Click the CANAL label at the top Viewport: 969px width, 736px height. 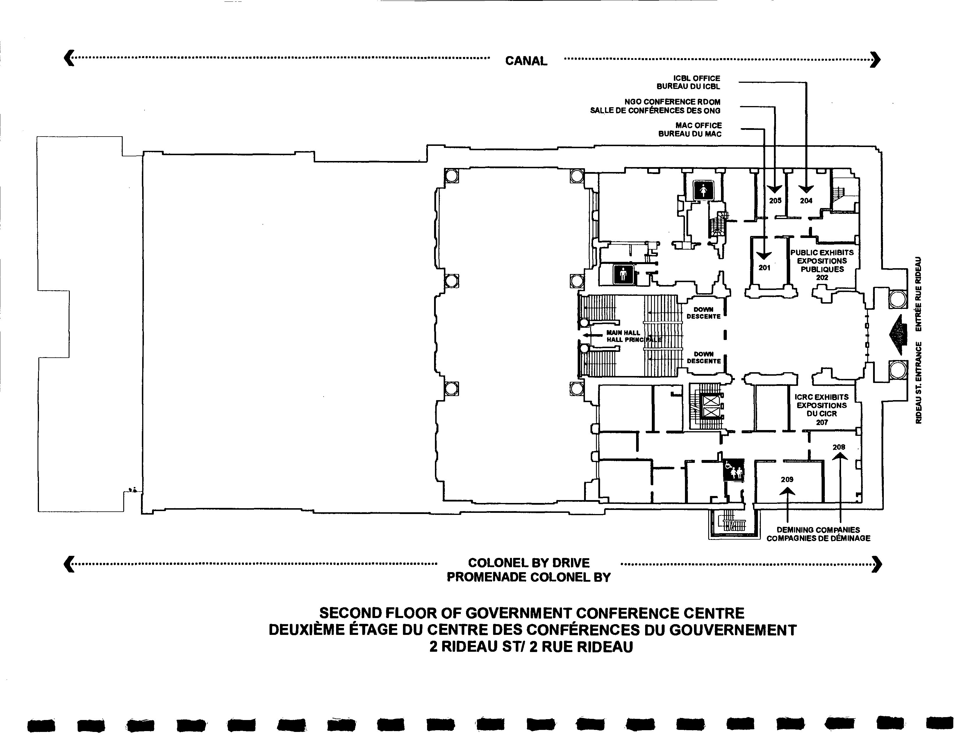(x=526, y=61)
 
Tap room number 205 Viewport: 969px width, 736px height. (x=775, y=201)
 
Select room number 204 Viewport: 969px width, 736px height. (x=806, y=201)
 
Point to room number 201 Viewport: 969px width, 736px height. (x=764, y=268)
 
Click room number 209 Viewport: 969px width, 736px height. (x=787, y=479)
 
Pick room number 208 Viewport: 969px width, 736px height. (x=839, y=447)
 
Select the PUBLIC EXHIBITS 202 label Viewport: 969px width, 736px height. (x=822, y=265)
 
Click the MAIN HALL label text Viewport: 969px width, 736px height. (x=623, y=333)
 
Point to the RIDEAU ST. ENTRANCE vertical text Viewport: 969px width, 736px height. (x=919, y=382)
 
